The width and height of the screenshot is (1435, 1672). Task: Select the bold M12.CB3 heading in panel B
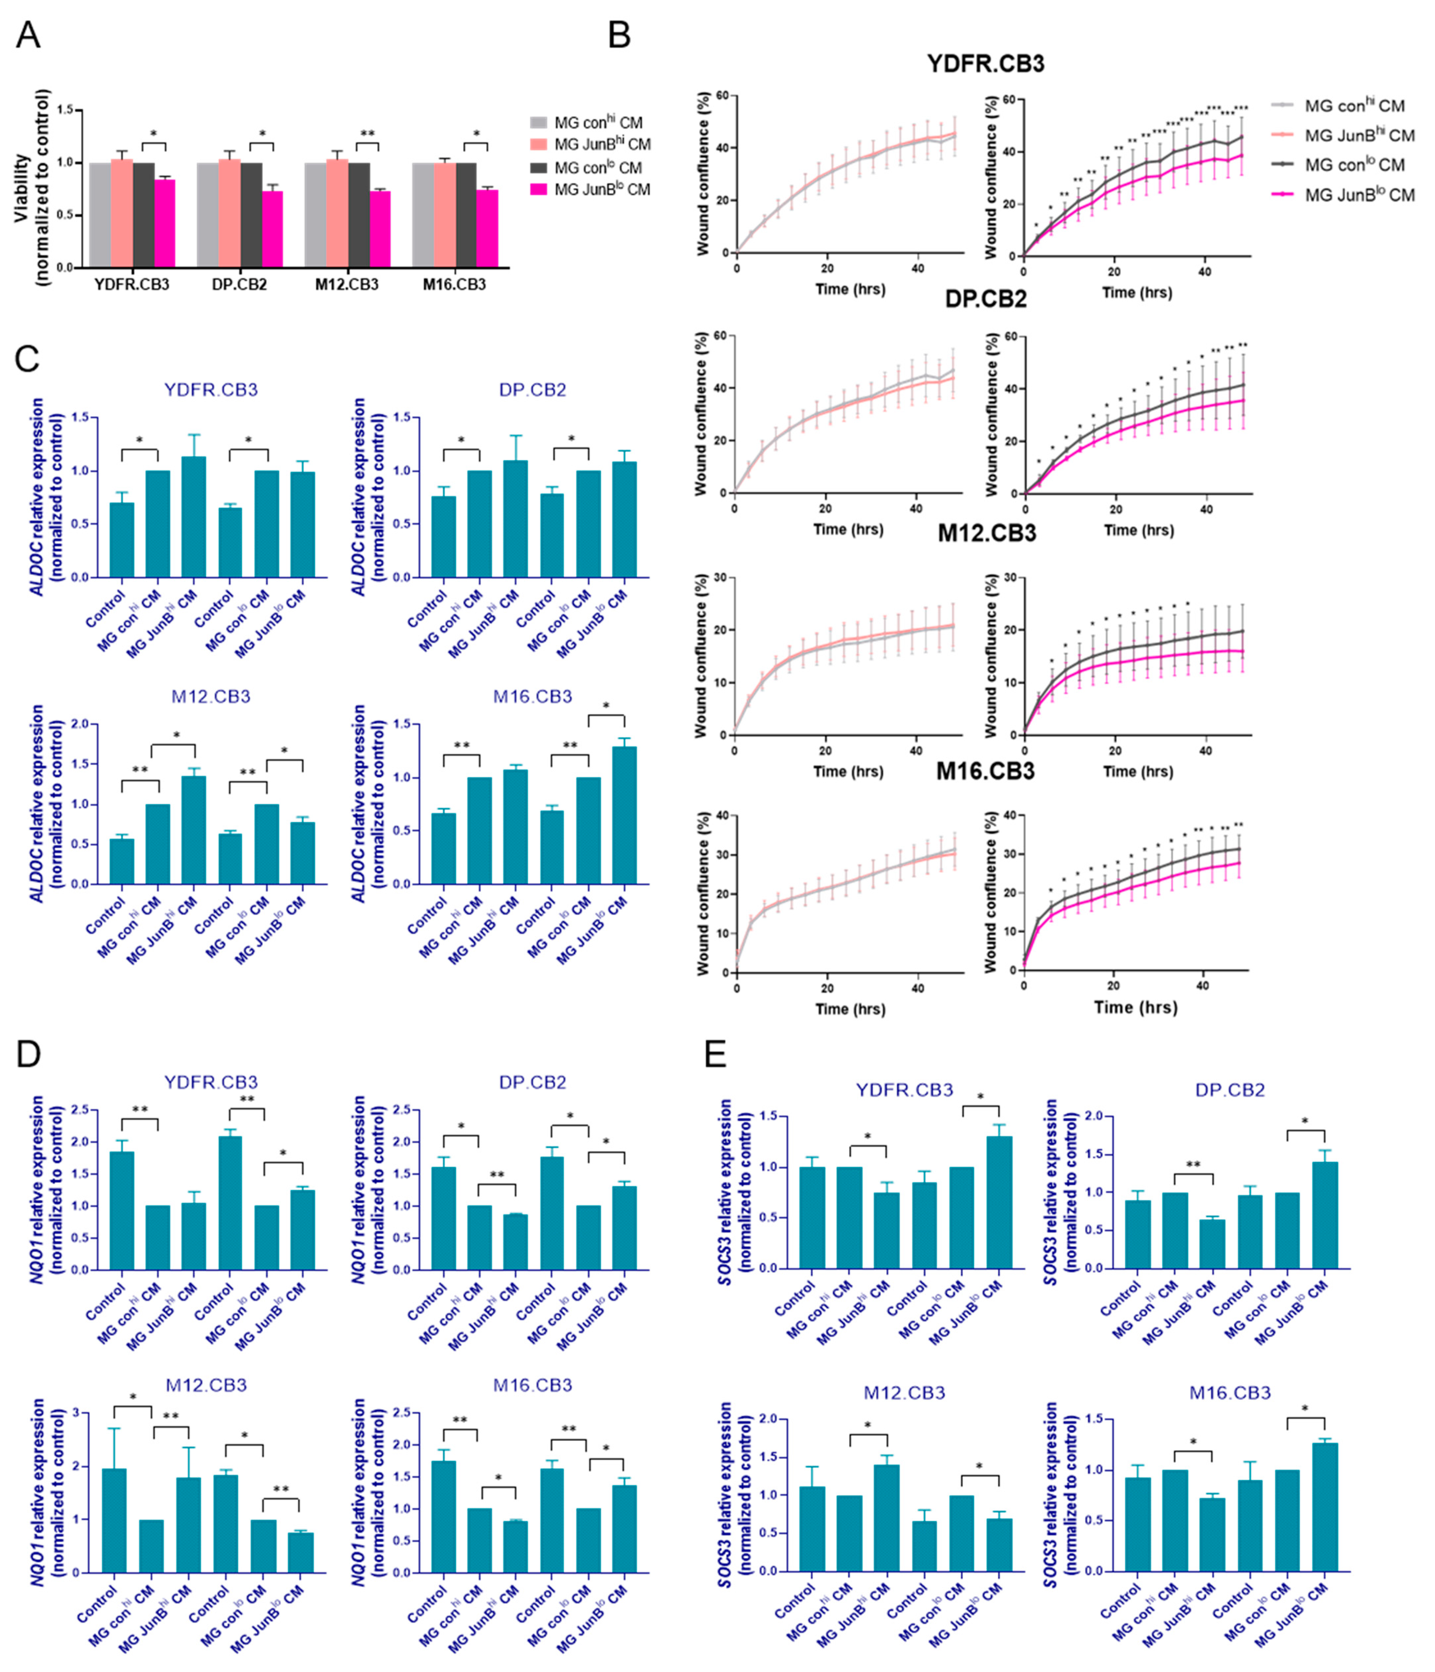pyautogui.click(x=986, y=533)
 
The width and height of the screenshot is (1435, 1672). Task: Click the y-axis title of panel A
pyautogui.click(x=32, y=187)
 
